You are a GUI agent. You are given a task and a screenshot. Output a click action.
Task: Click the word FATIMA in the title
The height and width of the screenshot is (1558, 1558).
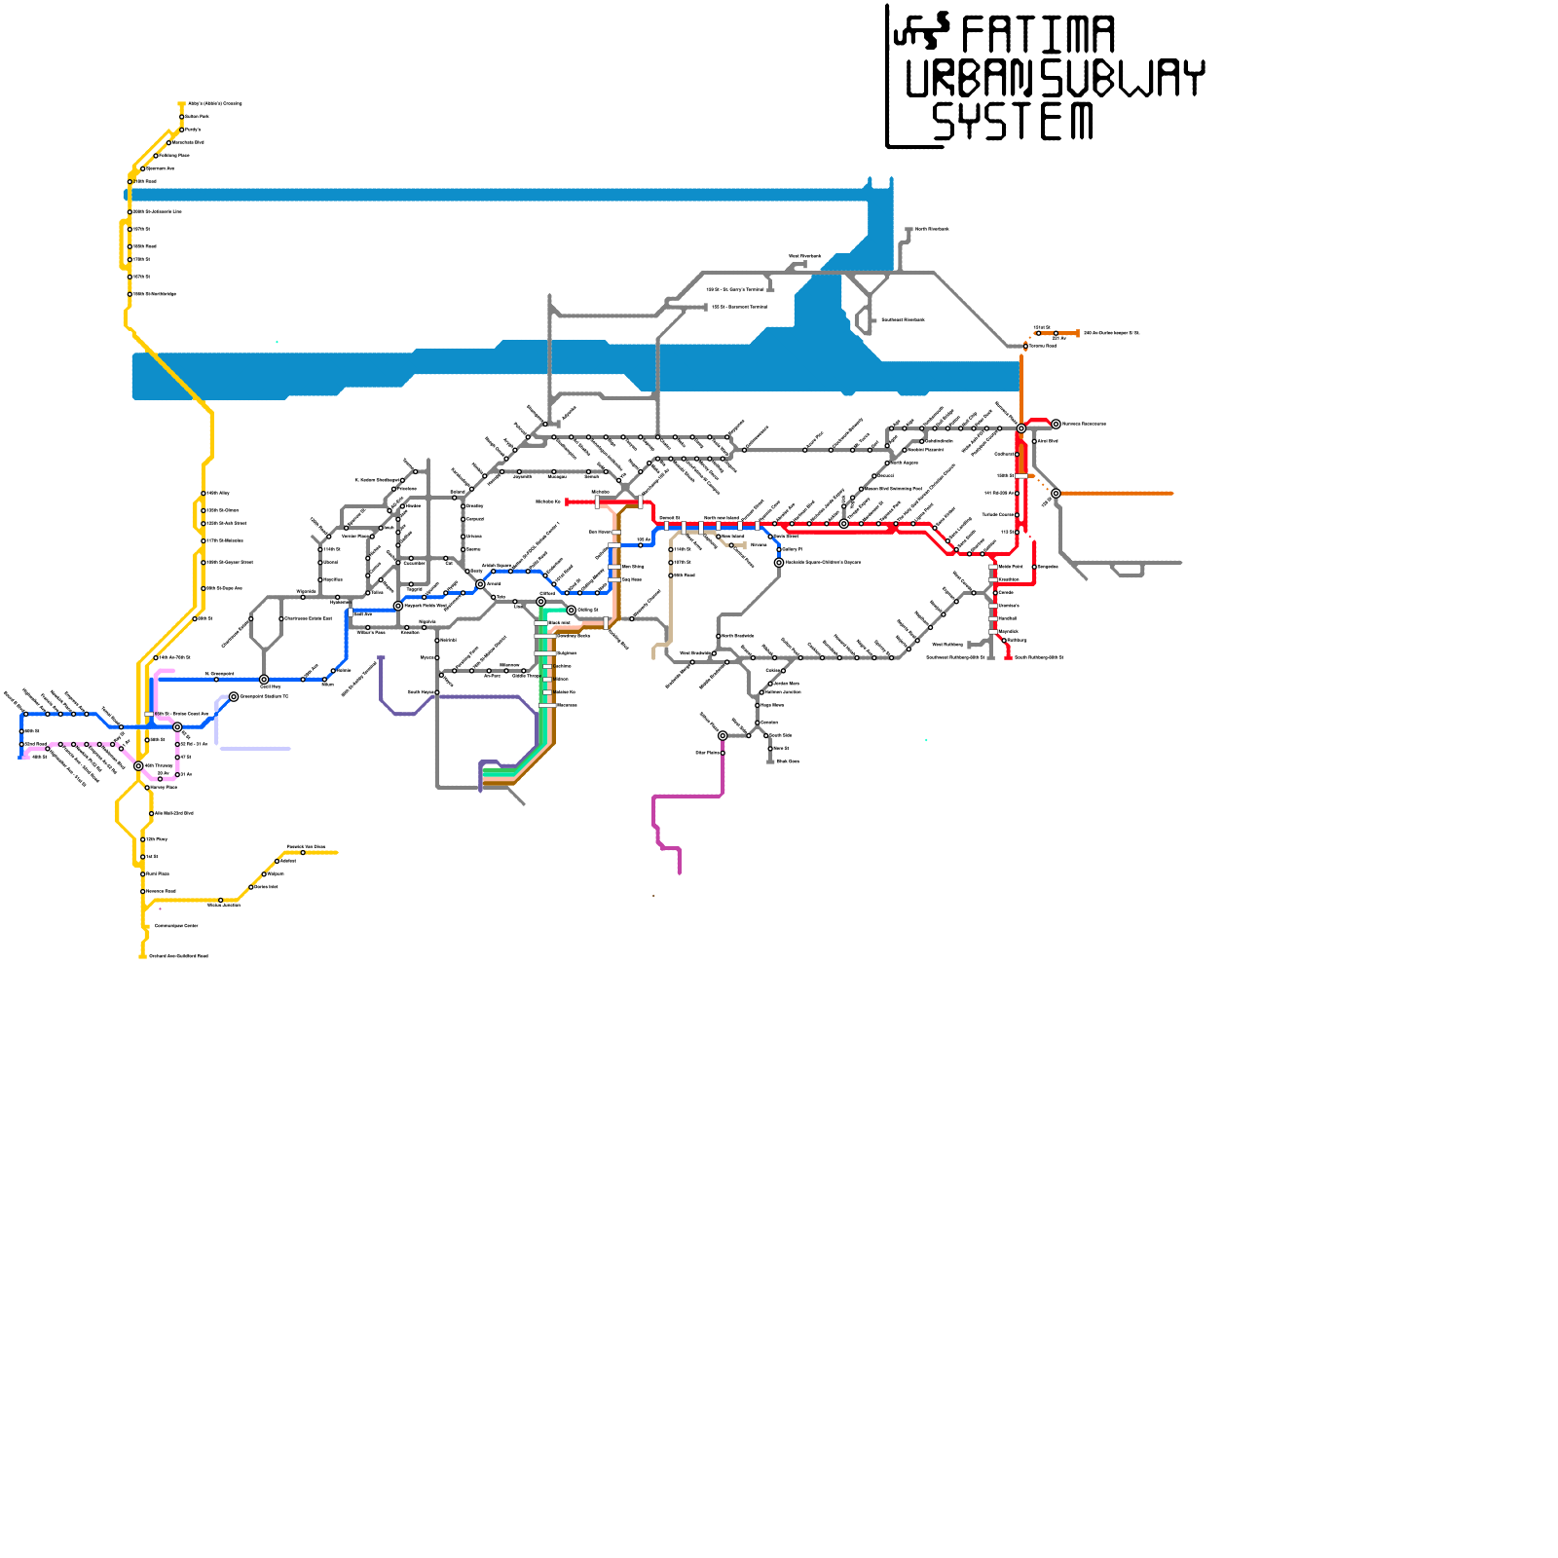coord(1037,35)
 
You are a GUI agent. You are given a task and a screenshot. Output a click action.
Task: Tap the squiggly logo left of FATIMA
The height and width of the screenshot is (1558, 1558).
coord(921,31)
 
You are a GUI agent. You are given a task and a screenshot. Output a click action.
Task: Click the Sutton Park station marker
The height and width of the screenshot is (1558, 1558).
coord(182,117)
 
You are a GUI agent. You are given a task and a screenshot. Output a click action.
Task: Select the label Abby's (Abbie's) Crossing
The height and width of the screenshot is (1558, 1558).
coord(214,103)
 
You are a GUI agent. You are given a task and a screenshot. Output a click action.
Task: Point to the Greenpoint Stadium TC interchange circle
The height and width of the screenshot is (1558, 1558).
coord(234,697)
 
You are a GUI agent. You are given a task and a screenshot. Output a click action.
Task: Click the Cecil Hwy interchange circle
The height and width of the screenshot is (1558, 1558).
coord(264,680)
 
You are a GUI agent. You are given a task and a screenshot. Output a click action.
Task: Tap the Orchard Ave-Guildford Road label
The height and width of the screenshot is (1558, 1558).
coord(178,956)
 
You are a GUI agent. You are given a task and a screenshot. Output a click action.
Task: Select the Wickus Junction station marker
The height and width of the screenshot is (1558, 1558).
coord(221,901)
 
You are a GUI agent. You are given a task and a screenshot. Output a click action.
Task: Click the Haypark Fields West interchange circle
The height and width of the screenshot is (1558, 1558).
coord(398,606)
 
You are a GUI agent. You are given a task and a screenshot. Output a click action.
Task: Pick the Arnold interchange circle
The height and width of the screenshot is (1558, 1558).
coord(480,584)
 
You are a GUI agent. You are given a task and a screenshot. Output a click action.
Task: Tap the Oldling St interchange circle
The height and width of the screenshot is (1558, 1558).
coord(572,611)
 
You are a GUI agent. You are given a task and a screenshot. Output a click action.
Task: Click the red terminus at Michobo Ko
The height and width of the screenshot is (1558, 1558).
coord(567,502)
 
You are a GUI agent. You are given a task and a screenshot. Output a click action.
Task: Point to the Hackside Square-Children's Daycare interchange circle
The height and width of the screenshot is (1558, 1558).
coord(779,563)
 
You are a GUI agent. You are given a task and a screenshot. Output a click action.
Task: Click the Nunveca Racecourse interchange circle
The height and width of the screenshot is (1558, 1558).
coord(1056,425)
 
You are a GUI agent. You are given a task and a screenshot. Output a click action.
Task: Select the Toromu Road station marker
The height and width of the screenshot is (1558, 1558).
coord(1026,346)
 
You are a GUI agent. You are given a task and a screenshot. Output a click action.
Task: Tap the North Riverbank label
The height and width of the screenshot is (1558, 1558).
coord(932,230)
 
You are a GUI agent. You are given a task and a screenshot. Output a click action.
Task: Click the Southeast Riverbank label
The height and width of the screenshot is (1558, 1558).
coord(903,320)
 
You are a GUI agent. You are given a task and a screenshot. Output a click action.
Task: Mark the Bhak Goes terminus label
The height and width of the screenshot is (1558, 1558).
coord(788,761)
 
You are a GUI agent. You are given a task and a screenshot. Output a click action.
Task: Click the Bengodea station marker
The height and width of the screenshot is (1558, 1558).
coord(1034,567)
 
